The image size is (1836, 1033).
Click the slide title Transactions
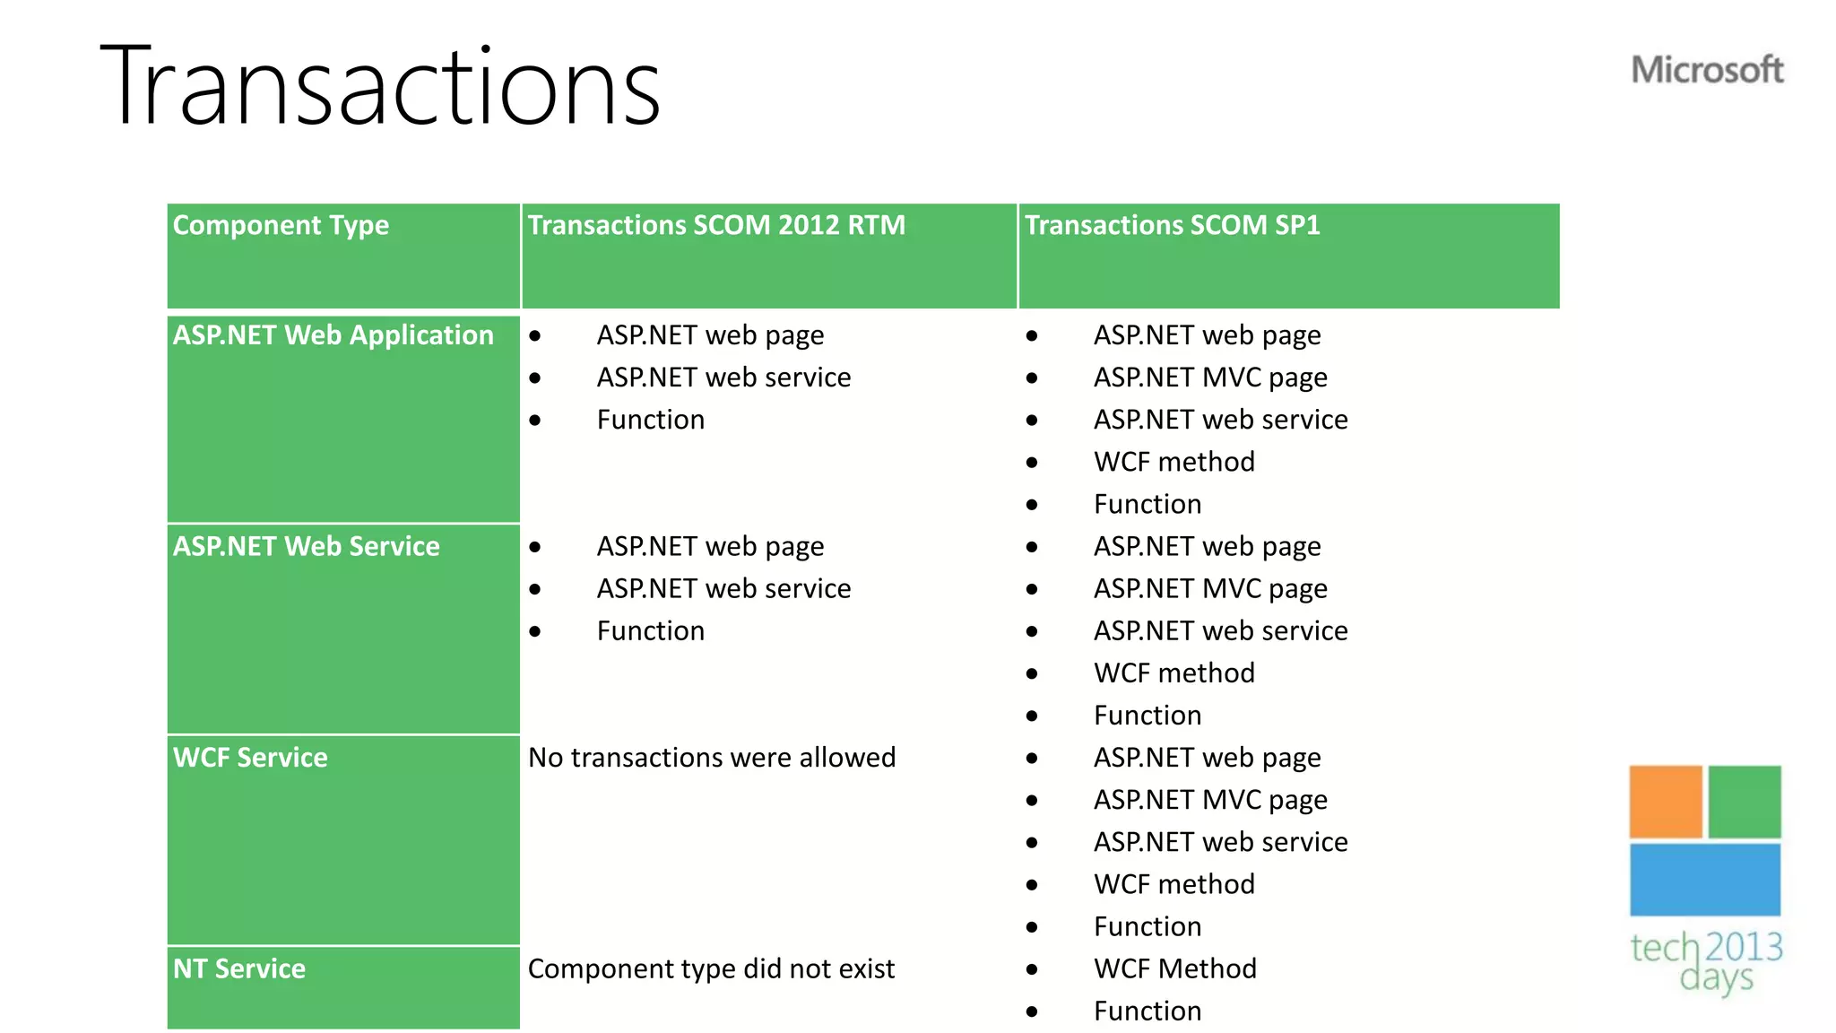tap(380, 88)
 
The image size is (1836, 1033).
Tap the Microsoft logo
tap(1707, 70)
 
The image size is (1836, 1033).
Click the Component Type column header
tap(281, 225)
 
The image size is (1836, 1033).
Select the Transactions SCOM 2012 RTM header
tap(716, 225)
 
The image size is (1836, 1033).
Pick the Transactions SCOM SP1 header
tap(1172, 225)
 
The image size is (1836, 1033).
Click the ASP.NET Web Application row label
tap(333, 335)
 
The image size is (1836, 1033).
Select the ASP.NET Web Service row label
tap(306, 546)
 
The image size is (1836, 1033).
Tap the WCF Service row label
tap(250, 758)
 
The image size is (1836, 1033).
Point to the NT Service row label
tap(238, 968)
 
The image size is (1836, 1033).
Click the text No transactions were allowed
tap(712, 758)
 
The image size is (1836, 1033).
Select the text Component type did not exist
tap(711, 968)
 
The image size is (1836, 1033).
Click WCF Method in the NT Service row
tap(1174, 968)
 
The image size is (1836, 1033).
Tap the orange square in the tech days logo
tap(1665, 802)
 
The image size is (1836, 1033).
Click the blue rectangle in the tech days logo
tap(1704, 880)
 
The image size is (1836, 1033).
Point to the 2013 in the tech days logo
tap(1743, 947)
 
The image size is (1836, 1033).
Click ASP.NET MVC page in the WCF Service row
tap(1210, 800)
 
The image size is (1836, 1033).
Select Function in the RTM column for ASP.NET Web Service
tap(651, 631)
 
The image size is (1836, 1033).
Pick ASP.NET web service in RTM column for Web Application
tap(723, 378)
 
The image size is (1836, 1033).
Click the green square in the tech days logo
tap(1744, 802)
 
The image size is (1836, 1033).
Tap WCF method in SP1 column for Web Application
tap(1173, 462)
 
